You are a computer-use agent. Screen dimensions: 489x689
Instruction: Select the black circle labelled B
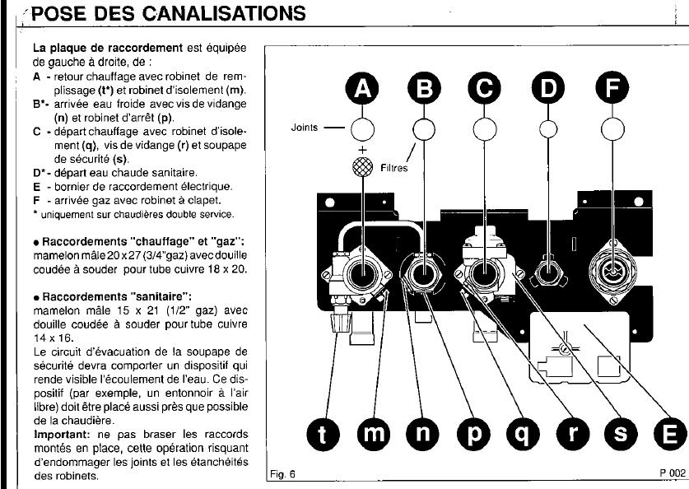tap(423, 90)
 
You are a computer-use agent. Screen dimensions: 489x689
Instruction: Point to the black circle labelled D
tap(548, 90)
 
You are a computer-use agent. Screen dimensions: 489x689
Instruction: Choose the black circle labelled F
tap(612, 90)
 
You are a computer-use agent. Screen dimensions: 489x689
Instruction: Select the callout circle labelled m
tap(376, 435)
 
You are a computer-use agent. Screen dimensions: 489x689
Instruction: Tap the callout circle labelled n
tap(423, 435)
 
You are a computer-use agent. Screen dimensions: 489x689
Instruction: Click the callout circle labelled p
tap(473, 435)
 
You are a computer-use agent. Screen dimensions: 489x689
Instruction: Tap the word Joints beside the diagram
tap(305, 128)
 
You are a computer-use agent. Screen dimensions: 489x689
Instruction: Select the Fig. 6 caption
tap(282, 474)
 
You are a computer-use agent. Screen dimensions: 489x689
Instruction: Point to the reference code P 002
tap(672, 473)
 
